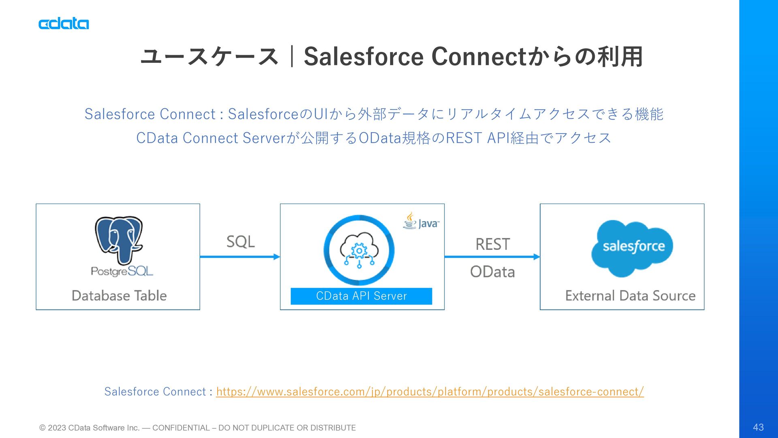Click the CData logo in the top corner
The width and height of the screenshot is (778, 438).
pyautogui.click(x=64, y=24)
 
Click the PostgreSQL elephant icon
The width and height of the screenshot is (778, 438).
pyautogui.click(x=119, y=240)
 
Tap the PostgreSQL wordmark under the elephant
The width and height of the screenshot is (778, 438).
pyautogui.click(x=122, y=271)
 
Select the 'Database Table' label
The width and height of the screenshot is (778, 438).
pyautogui.click(x=119, y=296)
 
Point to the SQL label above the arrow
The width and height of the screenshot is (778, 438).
pyautogui.click(x=241, y=242)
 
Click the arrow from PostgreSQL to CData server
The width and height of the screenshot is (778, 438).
pyautogui.click(x=240, y=257)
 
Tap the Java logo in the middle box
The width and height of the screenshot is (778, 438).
pyautogui.click(x=421, y=221)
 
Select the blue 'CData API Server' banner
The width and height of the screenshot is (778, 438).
pyautogui.click(x=361, y=296)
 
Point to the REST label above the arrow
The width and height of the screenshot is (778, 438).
pyautogui.click(x=493, y=245)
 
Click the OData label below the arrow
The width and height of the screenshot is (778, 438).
pyautogui.click(x=493, y=272)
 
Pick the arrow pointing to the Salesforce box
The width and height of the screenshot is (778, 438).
pyautogui.click(x=492, y=257)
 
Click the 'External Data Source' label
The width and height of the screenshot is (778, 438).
pyautogui.click(x=631, y=296)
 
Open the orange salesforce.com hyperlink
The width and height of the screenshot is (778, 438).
pyautogui.click(x=430, y=392)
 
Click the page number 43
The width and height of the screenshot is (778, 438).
pyautogui.click(x=758, y=427)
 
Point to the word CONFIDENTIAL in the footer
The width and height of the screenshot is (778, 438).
pyautogui.click(x=181, y=428)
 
